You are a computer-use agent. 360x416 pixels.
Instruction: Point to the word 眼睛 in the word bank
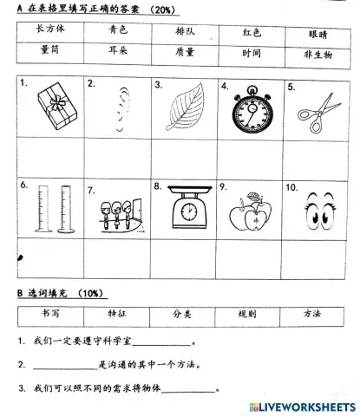319,34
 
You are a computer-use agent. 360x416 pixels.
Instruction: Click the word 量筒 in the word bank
51,50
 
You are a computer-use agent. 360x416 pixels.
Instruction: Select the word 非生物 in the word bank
318,54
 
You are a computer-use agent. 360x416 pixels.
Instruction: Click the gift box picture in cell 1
54,111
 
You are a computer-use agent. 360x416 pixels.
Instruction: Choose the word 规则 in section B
246,316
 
